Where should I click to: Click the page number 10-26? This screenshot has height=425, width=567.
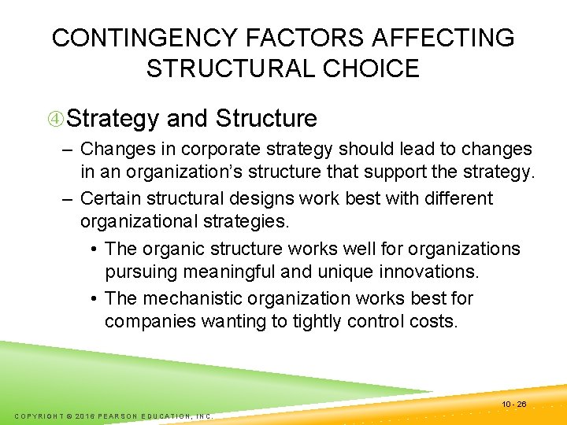coord(515,404)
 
